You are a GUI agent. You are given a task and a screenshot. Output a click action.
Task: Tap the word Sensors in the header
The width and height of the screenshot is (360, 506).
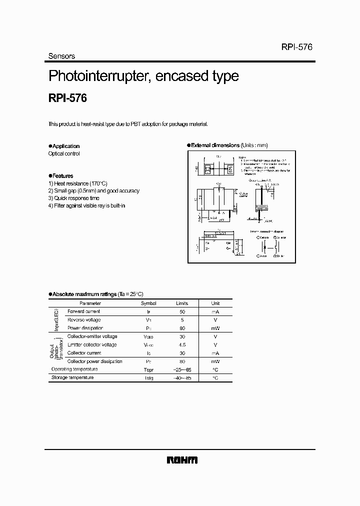click(61, 56)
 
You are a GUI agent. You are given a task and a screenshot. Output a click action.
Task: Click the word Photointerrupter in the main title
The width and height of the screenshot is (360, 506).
click(99, 76)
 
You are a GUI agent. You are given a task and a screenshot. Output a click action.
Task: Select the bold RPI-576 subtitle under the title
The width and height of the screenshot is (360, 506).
click(67, 98)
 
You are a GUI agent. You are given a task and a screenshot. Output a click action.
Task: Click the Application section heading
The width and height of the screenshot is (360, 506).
click(65, 146)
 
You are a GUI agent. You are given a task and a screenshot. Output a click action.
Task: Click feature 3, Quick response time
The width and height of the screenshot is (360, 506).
click(74, 198)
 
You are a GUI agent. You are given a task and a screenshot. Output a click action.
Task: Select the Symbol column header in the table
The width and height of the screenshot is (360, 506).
click(148, 303)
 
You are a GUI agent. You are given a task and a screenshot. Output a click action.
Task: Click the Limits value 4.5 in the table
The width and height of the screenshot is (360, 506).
click(182, 344)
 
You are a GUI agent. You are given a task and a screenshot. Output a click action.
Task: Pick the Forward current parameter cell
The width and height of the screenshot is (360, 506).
click(83, 311)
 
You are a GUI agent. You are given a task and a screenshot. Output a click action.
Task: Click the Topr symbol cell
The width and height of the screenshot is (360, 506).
click(148, 369)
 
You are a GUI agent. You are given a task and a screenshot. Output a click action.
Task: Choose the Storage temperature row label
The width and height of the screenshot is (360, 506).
click(72, 377)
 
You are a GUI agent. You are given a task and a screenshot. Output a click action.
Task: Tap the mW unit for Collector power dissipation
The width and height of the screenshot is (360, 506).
click(215, 361)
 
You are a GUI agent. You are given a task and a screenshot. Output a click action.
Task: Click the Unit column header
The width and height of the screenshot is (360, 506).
click(215, 303)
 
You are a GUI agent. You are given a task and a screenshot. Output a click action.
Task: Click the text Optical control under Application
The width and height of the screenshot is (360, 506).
click(64, 154)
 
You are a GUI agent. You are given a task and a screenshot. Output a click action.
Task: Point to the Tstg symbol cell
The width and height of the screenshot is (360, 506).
click(148, 378)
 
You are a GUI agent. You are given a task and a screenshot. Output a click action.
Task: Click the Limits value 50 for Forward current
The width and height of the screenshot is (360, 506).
click(182, 311)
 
